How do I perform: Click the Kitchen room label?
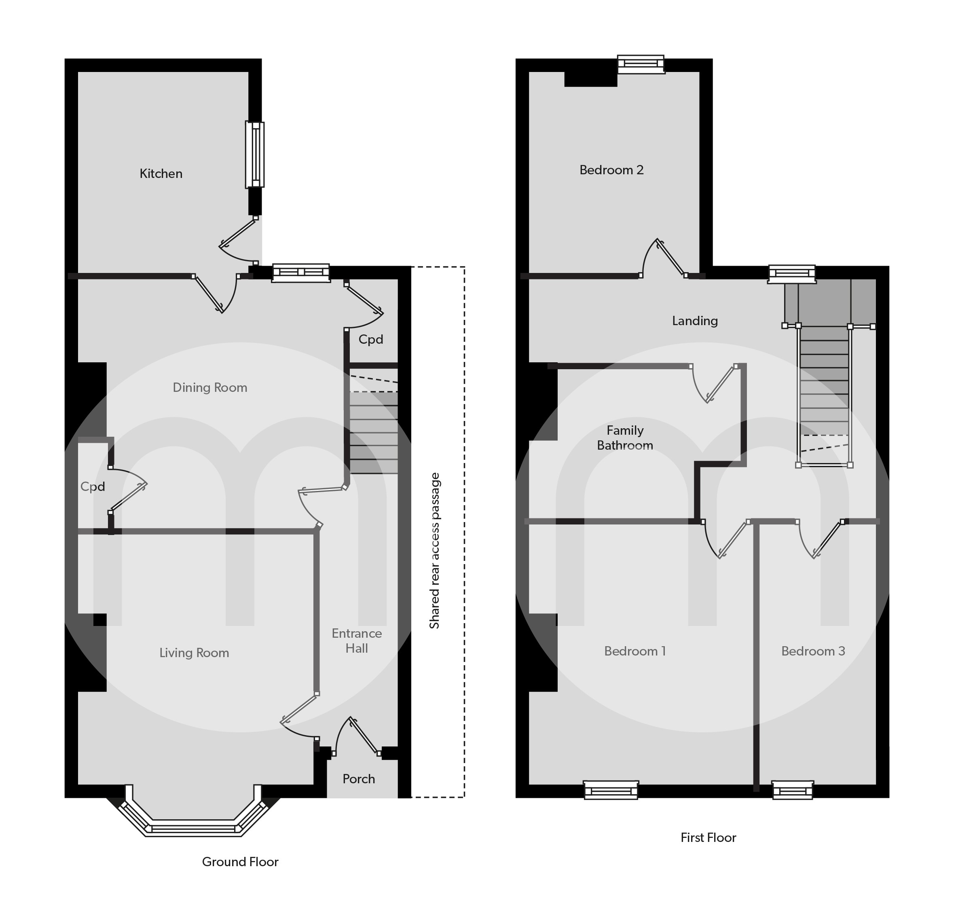[x=161, y=173]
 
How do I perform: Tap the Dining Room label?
[x=210, y=387]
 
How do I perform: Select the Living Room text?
[x=194, y=653]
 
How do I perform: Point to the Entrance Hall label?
[x=357, y=641]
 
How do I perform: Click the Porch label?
[x=358, y=778]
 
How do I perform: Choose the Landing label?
[x=695, y=321]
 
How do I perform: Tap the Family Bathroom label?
[x=625, y=438]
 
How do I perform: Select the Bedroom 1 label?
[x=635, y=651]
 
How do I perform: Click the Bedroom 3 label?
[x=813, y=651]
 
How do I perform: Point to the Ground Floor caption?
[x=240, y=862]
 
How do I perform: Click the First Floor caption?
[x=708, y=837]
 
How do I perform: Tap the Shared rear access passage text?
[x=435, y=550]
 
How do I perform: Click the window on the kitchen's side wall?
[x=255, y=154]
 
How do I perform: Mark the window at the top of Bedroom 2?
[x=641, y=64]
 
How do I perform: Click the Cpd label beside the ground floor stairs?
[x=370, y=340]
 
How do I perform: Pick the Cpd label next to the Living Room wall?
[x=93, y=487]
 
